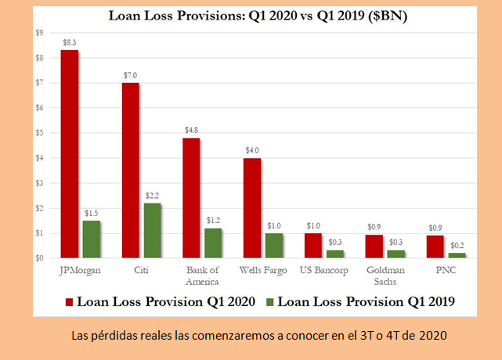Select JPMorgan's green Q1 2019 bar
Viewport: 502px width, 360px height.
(x=92, y=239)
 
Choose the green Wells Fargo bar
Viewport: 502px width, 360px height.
(x=275, y=245)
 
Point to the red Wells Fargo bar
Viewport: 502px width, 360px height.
(x=253, y=208)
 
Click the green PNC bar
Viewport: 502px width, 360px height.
(x=457, y=255)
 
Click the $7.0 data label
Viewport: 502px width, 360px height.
(x=131, y=76)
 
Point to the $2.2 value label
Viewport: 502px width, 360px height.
(x=153, y=196)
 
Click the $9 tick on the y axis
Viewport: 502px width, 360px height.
(x=38, y=32)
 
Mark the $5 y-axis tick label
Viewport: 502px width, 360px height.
(x=38, y=133)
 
